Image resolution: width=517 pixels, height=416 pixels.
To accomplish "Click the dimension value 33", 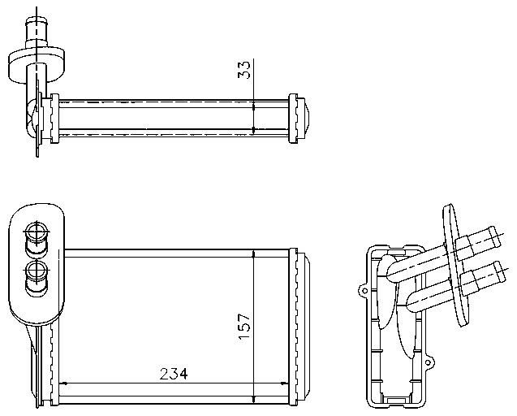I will point(244,71).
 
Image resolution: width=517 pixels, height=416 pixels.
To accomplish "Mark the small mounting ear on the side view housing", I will point(364,288).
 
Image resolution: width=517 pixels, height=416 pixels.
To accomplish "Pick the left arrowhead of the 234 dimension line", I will point(67,383).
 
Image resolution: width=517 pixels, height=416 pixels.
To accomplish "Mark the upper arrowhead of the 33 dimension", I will point(254,103).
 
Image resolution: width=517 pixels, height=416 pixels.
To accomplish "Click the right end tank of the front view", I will point(299,326).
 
